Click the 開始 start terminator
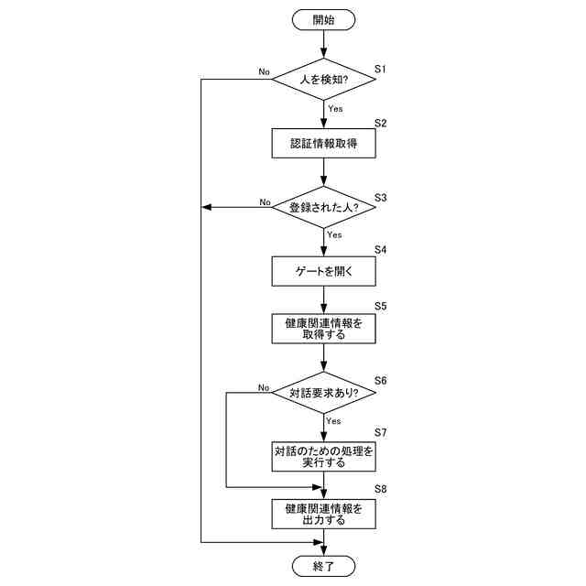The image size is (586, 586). pyautogui.click(x=324, y=19)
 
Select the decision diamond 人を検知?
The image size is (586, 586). pyautogui.click(x=324, y=80)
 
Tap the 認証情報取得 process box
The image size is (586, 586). pyautogui.click(x=324, y=144)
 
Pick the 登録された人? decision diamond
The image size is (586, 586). pyautogui.click(x=324, y=207)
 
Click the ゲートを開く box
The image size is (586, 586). pyautogui.click(x=324, y=271)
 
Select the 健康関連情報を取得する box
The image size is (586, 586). pyautogui.click(x=324, y=329)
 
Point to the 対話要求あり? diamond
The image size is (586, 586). pyautogui.click(x=324, y=393)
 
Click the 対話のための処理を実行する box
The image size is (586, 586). pyautogui.click(x=324, y=456)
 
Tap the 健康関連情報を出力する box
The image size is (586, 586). pyautogui.click(x=324, y=514)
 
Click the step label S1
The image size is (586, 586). pyautogui.click(x=382, y=70)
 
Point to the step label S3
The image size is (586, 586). pyautogui.click(x=382, y=197)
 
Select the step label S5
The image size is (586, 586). pyautogui.click(x=382, y=305)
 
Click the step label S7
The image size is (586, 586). pyautogui.click(x=382, y=431)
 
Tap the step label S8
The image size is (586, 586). pyautogui.click(x=382, y=490)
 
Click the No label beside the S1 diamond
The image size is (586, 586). pyautogui.click(x=265, y=71)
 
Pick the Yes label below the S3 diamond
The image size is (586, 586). pyautogui.click(x=335, y=235)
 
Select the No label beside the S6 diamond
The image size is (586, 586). pyautogui.click(x=264, y=387)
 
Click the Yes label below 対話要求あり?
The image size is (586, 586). pyautogui.click(x=334, y=421)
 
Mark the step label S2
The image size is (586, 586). pyautogui.click(x=382, y=123)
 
